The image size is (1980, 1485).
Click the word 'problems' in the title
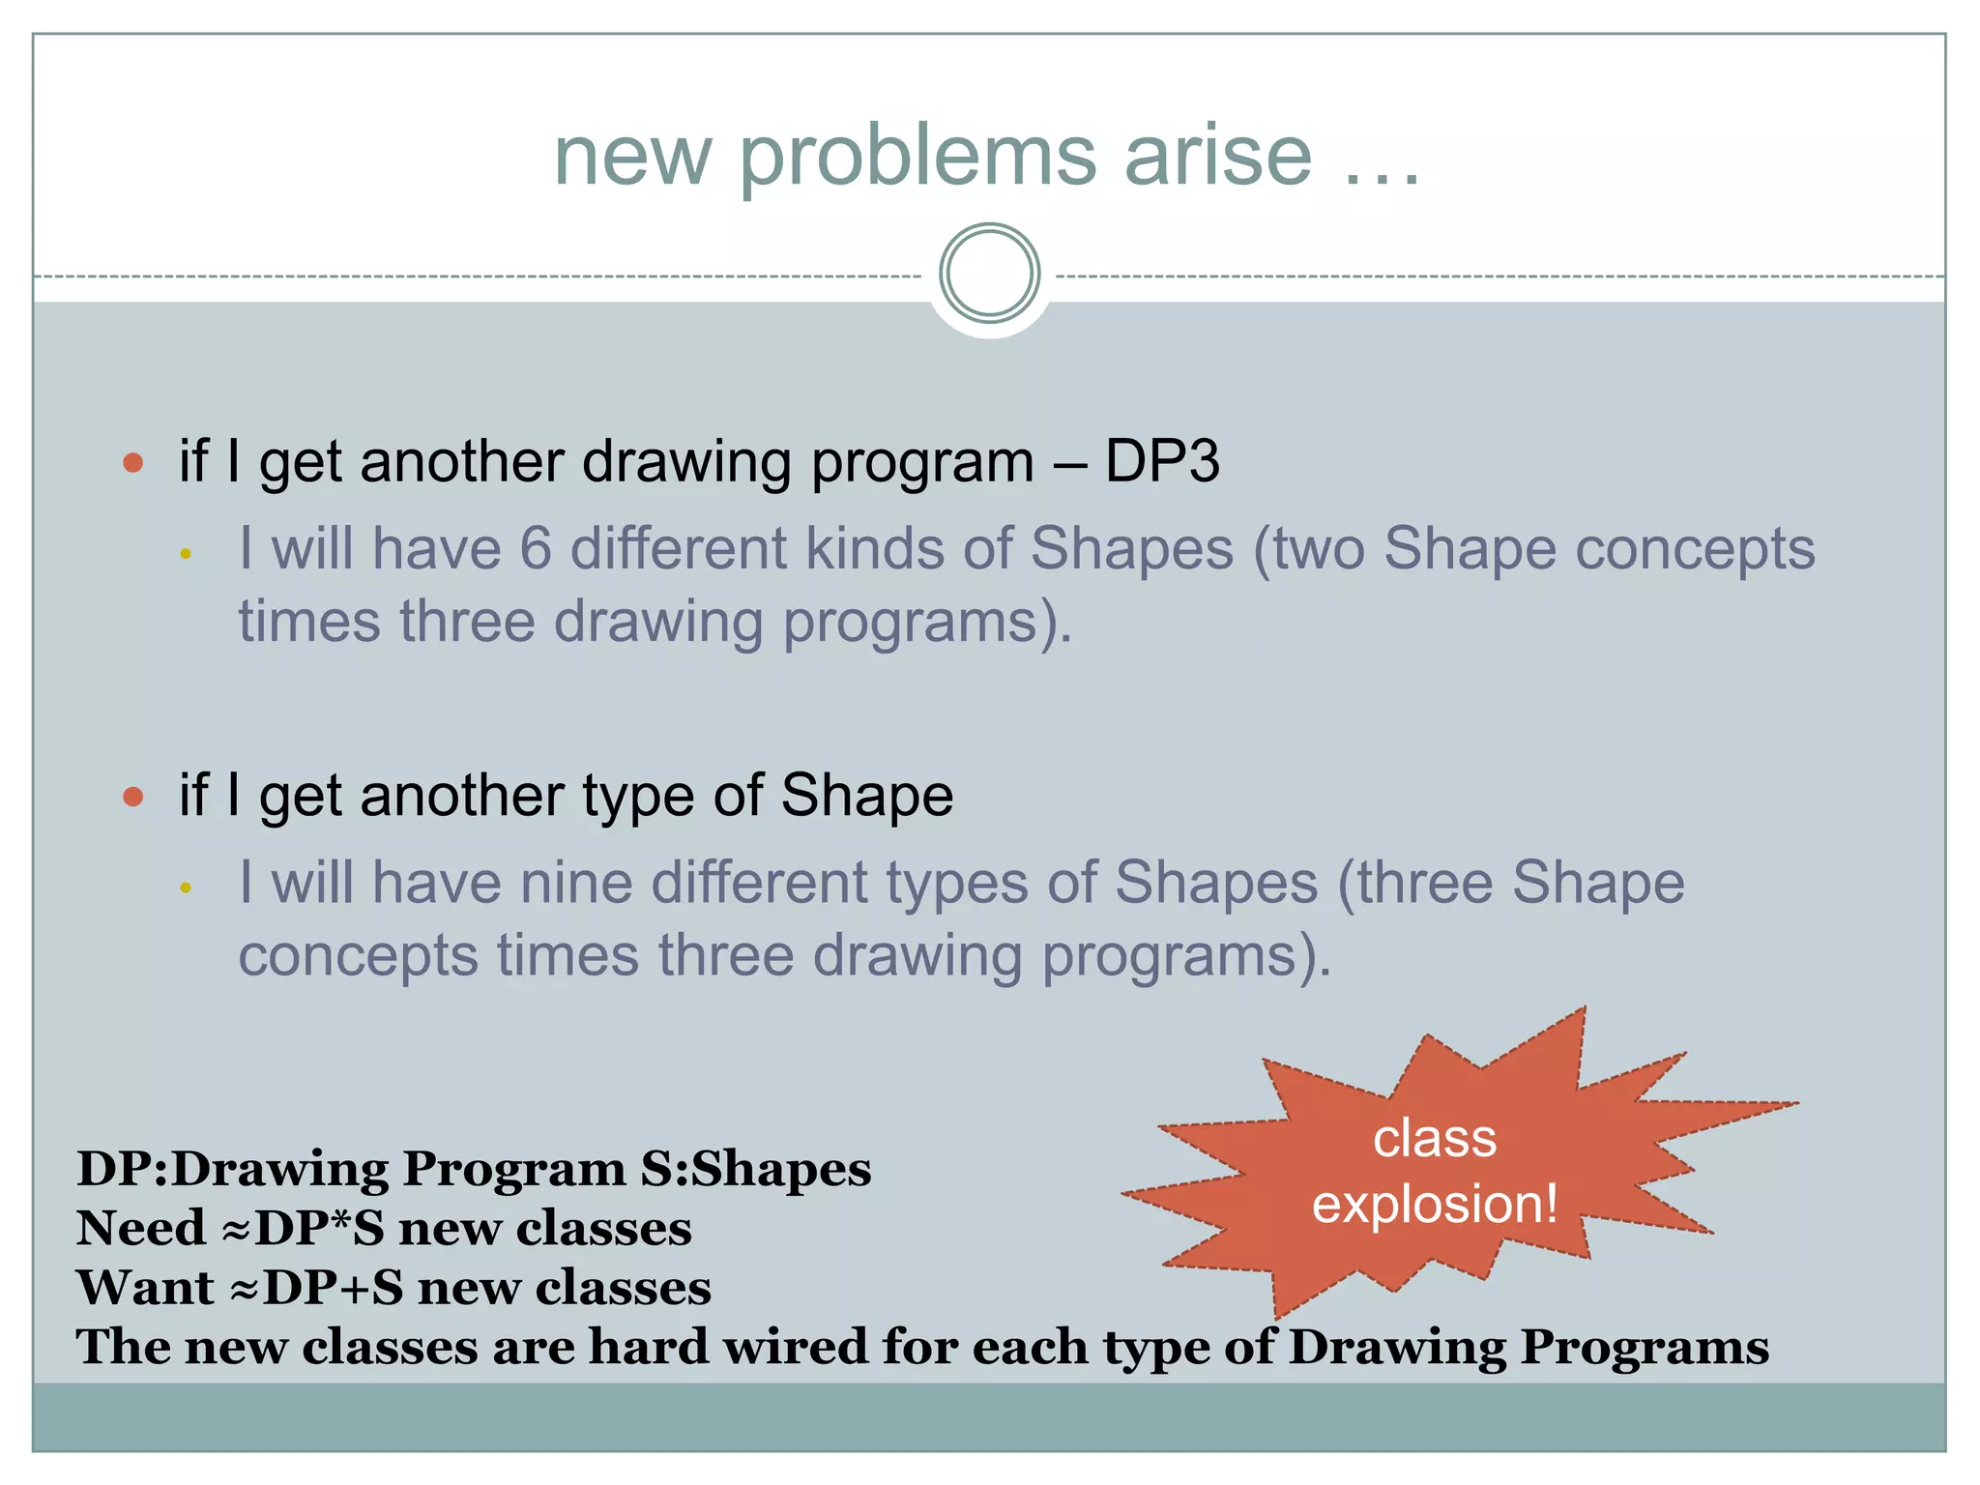917,157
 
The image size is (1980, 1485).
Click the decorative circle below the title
989,273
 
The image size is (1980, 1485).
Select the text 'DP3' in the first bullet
1162,460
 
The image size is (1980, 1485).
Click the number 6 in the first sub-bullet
536,548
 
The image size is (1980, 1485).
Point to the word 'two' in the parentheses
1319,548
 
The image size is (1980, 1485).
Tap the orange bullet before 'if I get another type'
133,797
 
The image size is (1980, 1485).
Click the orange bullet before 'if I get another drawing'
133,462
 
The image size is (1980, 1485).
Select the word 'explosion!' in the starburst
1435,1205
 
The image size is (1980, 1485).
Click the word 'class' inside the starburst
1435,1138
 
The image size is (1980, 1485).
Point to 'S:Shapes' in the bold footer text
756,1169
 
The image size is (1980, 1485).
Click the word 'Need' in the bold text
140,1229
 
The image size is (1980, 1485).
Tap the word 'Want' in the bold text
145,1288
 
